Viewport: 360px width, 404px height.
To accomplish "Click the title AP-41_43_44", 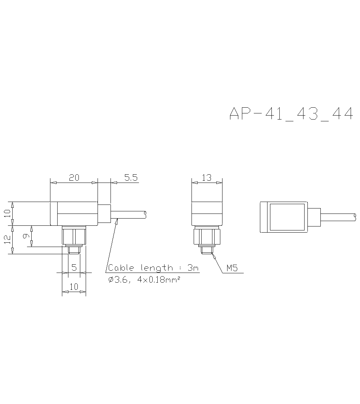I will [x=291, y=114].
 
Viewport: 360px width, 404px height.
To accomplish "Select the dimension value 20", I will [x=74, y=178].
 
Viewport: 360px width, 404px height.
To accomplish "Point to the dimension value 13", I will [x=207, y=178].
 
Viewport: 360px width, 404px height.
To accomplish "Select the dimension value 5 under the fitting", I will [x=74, y=267].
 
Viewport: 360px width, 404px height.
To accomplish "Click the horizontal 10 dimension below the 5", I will [x=74, y=287].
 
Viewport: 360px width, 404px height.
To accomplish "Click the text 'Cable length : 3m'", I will [x=153, y=268].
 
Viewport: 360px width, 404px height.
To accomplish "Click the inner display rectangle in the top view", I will [x=287, y=217].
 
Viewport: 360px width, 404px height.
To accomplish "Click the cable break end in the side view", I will [x=145, y=214].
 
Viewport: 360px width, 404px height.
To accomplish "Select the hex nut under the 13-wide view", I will [x=207, y=236].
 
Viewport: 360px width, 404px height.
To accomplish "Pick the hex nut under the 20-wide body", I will [x=74, y=236].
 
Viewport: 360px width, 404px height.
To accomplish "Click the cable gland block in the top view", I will [x=314, y=217].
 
